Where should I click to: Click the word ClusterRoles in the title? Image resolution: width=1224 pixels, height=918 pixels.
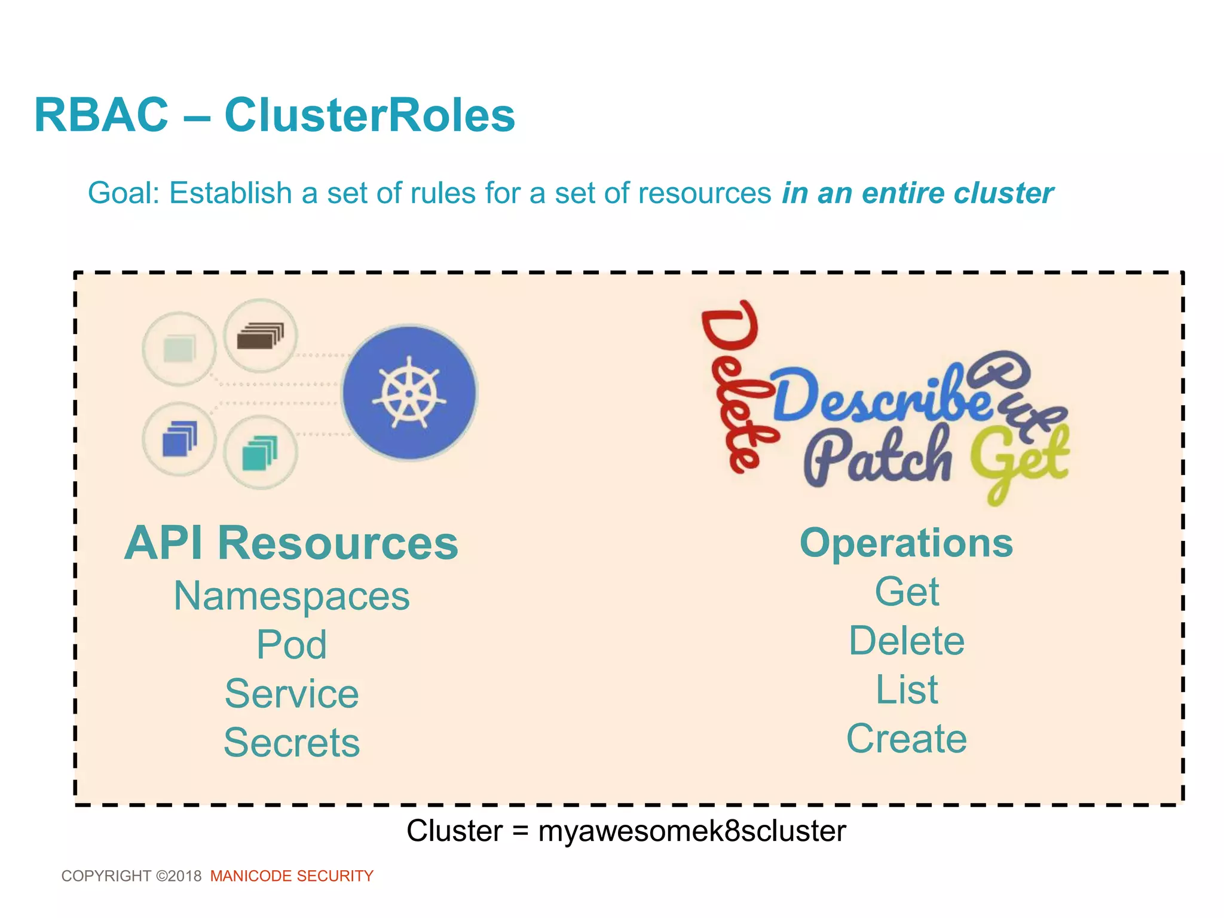[369, 115]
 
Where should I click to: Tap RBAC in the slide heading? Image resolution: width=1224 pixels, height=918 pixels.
[102, 115]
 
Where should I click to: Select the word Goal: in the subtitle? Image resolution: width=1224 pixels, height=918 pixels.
[124, 193]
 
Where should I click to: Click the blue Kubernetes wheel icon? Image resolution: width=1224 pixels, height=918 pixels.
[409, 393]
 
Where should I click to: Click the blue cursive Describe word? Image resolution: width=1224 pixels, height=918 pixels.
[879, 394]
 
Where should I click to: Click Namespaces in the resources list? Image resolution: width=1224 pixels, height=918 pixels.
[292, 596]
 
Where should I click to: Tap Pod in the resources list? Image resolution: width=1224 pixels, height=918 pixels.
[292, 645]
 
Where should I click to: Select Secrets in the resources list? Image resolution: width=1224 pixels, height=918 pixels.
[292, 742]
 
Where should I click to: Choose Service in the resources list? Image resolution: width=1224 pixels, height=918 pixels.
[292, 694]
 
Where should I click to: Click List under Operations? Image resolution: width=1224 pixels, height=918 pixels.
[907, 690]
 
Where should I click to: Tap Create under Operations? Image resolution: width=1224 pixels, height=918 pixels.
[907, 739]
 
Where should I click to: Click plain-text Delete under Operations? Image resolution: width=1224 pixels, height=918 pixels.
[907, 641]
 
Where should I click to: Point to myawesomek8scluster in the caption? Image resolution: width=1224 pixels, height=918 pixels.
[692, 831]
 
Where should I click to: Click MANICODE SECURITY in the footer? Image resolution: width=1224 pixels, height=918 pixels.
[292, 876]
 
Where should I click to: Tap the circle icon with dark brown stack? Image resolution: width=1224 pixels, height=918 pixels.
[260, 336]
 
